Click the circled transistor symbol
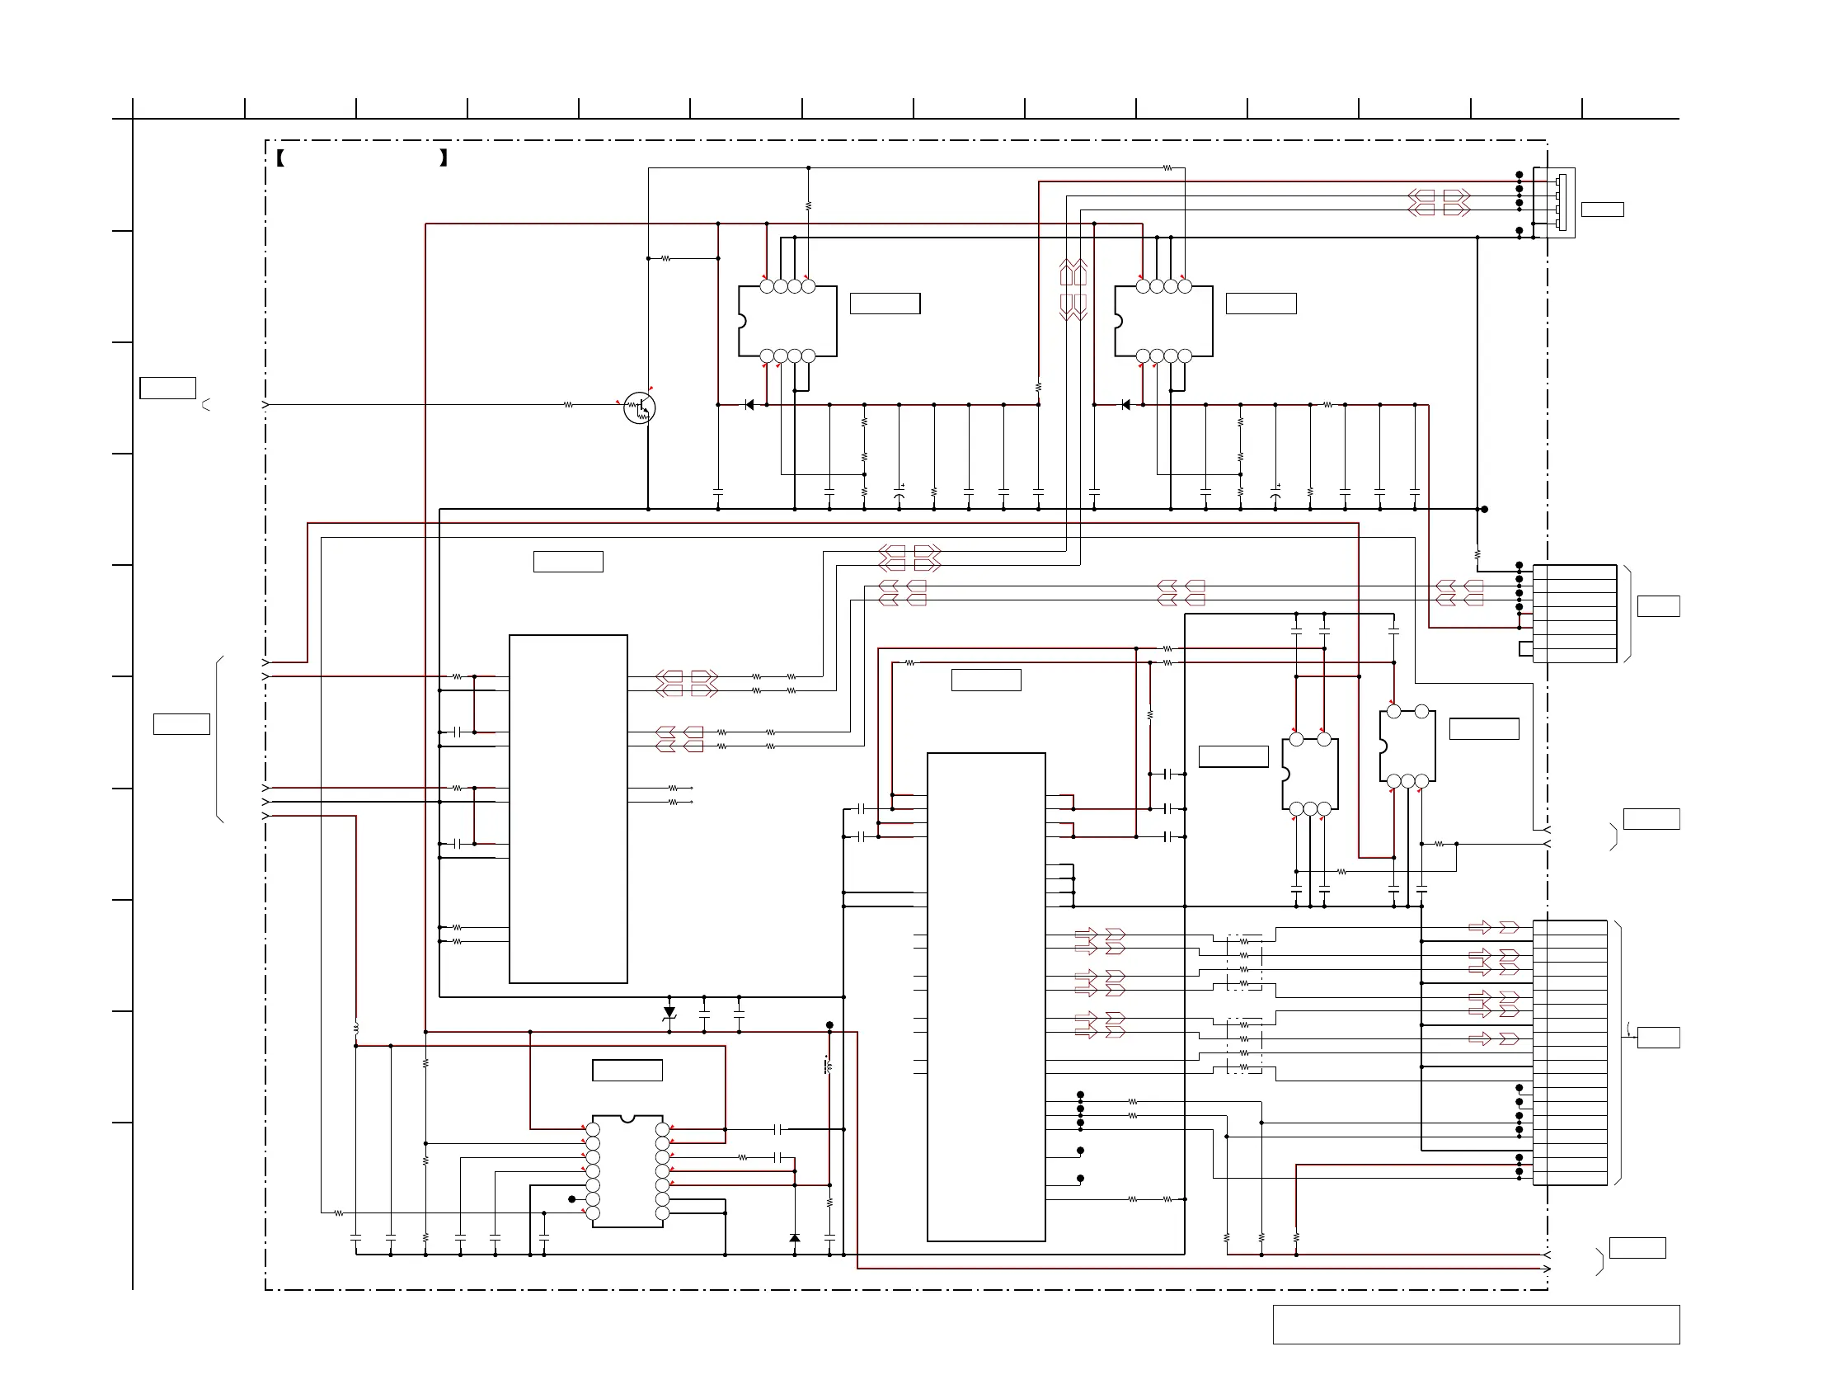pyautogui.click(x=639, y=408)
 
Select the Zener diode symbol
pyautogui.click(x=669, y=1013)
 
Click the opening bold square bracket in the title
pyautogui.click(x=280, y=158)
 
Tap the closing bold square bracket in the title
pyautogui.click(x=443, y=158)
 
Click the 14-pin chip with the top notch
pyautogui.click(x=627, y=1171)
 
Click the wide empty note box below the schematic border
pyautogui.click(x=1476, y=1325)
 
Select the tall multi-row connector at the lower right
pyautogui.click(x=1570, y=1052)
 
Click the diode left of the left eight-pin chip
pyautogui.click(x=749, y=405)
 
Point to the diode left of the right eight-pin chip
pyautogui.click(x=1125, y=405)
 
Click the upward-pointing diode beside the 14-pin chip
pyautogui.click(x=795, y=1237)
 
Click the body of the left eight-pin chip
pyautogui.click(x=788, y=322)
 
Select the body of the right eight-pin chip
pyautogui.click(x=1164, y=322)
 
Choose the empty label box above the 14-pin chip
pyautogui.click(x=627, y=1070)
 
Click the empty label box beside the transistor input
pyautogui.click(x=167, y=388)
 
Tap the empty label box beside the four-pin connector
pyautogui.click(x=1602, y=210)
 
